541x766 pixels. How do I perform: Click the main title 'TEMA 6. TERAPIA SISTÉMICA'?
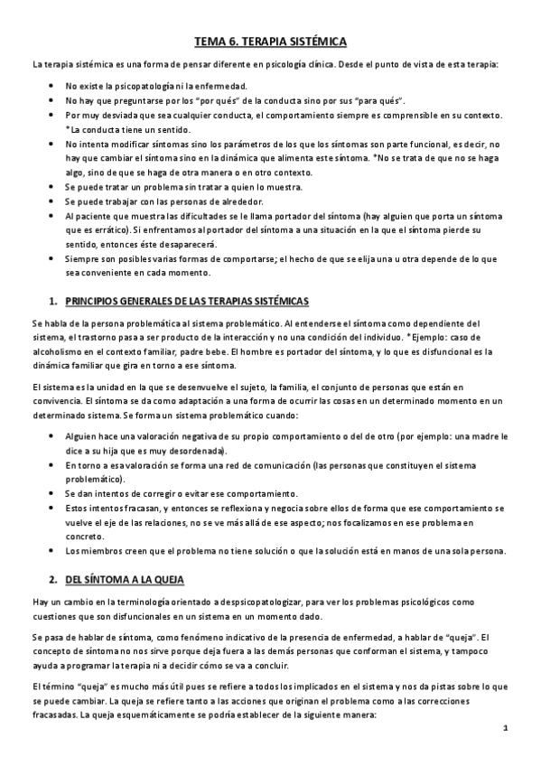coord(270,41)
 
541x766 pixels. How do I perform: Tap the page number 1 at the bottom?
coord(506,728)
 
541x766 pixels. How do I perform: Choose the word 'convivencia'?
coord(57,398)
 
